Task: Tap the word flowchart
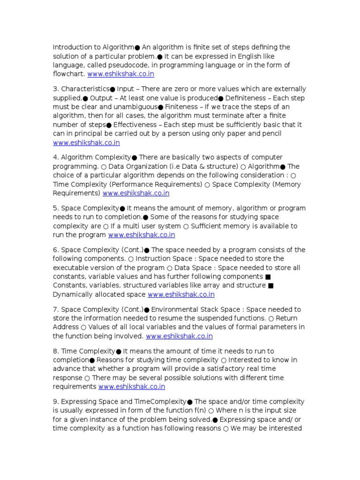click(x=68, y=74)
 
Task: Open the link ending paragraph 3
click(x=86, y=142)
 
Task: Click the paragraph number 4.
click(x=55, y=157)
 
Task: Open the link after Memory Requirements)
click(x=136, y=193)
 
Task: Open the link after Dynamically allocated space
click(x=181, y=294)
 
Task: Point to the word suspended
click(x=212, y=318)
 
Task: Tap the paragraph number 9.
click(x=55, y=402)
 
